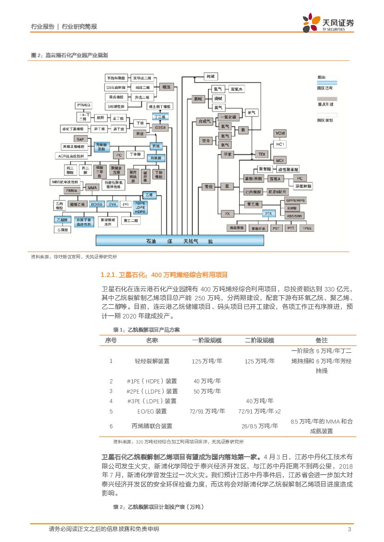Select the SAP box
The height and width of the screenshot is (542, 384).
point(79,139)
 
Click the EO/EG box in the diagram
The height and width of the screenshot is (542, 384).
point(97,204)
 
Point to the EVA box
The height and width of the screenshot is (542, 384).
point(112,204)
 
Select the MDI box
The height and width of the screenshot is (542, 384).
point(280,160)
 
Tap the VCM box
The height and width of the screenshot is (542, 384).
point(280,134)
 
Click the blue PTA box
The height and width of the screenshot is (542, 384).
point(268,213)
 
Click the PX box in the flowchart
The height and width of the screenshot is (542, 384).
point(227,214)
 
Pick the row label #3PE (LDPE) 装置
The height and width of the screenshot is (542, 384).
point(151,401)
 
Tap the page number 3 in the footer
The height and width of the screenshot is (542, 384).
point(349,529)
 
